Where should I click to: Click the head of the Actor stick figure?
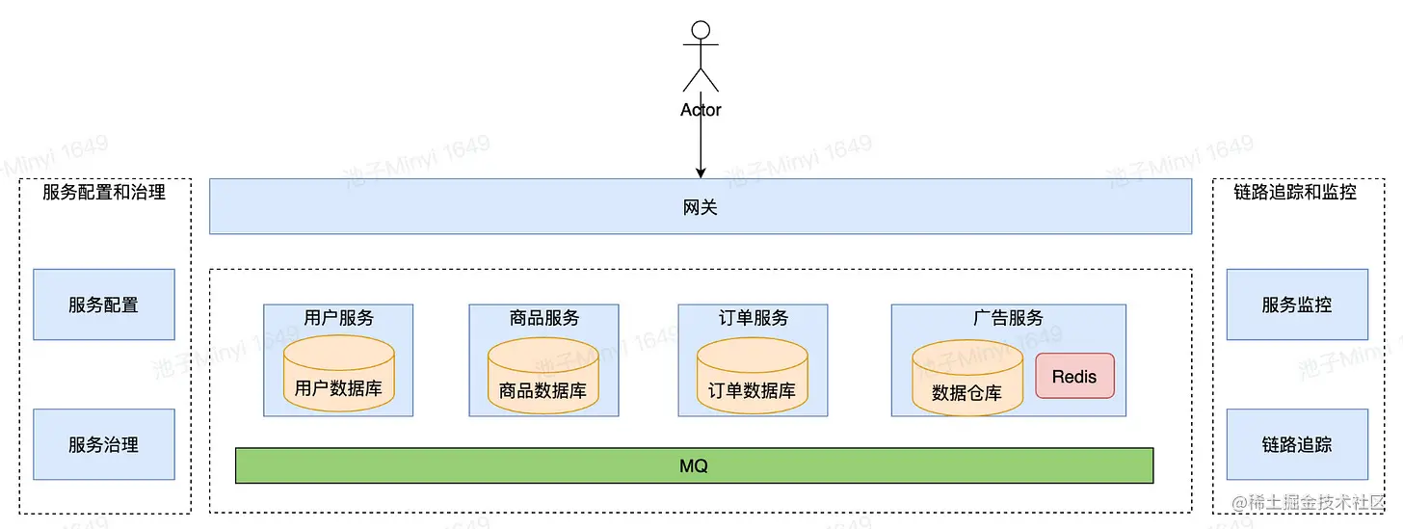[x=701, y=30]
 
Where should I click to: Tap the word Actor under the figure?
[x=701, y=110]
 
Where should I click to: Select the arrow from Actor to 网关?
[x=701, y=145]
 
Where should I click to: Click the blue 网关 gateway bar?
[x=701, y=206]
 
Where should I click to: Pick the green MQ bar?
[x=694, y=465]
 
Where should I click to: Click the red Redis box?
[x=1074, y=376]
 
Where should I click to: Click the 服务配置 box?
[x=103, y=304]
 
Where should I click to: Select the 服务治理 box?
[x=103, y=444]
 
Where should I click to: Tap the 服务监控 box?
[x=1296, y=304]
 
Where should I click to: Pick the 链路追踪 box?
[x=1296, y=444]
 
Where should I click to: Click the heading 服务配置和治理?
[x=104, y=192]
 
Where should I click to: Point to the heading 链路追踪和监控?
[x=1295, y=192]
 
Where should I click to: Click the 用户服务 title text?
[x=338, y=317]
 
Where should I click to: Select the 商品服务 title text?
[x=544, y=317]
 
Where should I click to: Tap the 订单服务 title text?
[x=754, y=317]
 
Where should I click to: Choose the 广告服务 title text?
[x=1008, y=317]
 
